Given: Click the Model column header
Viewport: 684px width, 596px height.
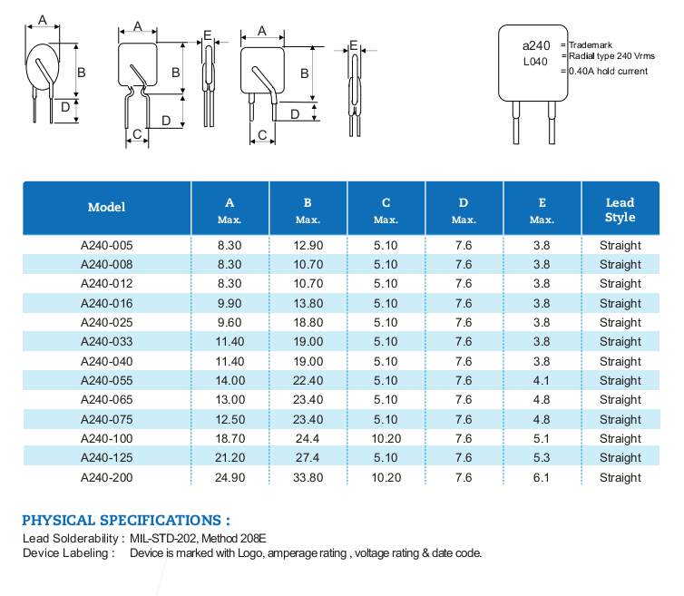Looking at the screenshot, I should point(106,207).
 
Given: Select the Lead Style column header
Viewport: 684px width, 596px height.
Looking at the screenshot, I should point(620,210).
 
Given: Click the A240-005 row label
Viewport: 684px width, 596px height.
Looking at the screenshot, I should point(106,245).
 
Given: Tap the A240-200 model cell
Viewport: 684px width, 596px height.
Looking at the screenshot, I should point(106,477).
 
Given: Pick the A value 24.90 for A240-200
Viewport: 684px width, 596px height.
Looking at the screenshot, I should point(230,477).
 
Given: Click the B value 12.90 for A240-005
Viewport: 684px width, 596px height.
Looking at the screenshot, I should point(308,245).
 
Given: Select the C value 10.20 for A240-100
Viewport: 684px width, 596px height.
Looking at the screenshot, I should point(386,439).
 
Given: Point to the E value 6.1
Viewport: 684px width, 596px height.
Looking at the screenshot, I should point(542,477).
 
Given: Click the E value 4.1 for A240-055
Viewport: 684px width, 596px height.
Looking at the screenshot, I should point(542,381).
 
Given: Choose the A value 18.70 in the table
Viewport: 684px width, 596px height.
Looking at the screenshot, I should point(230,439).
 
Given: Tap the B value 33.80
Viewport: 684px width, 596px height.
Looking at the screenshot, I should point(308,477).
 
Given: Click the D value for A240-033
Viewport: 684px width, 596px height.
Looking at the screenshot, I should point(464,342).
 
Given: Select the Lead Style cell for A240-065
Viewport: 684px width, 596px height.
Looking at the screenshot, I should point(620,400).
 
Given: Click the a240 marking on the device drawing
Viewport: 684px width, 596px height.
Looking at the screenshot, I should point(536,45).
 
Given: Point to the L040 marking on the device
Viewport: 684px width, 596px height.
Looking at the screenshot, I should point(535,63).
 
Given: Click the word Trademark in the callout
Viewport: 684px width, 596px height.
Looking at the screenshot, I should point(591,44).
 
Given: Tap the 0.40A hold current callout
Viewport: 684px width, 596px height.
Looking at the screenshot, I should point(608,71).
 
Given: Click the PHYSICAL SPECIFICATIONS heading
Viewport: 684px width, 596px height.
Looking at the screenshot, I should point(125,521).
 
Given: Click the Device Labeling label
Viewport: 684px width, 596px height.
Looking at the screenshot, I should point(68,552).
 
